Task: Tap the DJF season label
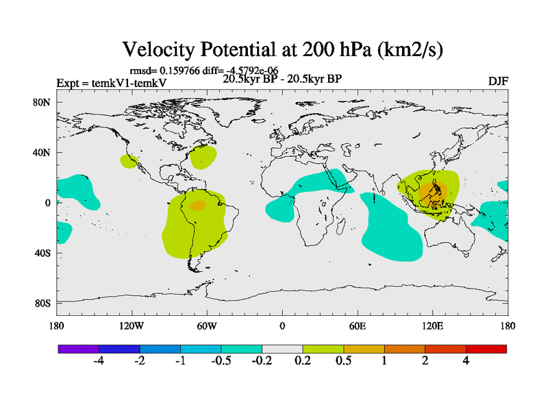pos(497,82)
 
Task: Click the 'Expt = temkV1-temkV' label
pos(111,83)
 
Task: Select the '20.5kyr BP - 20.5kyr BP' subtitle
pos(282,78)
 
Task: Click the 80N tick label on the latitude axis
pos(42,103)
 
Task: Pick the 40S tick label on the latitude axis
pos(42,253)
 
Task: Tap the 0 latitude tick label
pos(47,203)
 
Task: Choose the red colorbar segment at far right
pos(486,349)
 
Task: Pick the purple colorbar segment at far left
pos(78,349)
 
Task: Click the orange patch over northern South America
pos(197,205)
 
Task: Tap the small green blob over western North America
pos(128,161)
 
